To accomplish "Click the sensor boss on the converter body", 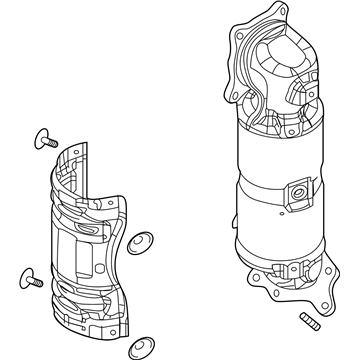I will click(297, 190).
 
